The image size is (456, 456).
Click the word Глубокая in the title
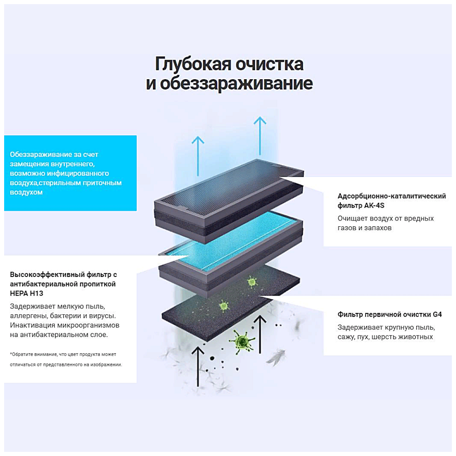point(193,64)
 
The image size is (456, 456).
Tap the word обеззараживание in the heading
point(236,83)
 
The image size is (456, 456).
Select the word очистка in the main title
point(270,64)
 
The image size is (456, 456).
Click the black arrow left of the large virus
point(198,365)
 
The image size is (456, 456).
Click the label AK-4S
point(374,206)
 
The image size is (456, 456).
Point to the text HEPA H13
point(27,293)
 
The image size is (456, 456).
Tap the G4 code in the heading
point(437,315)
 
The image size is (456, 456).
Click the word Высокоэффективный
point(47,274)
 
